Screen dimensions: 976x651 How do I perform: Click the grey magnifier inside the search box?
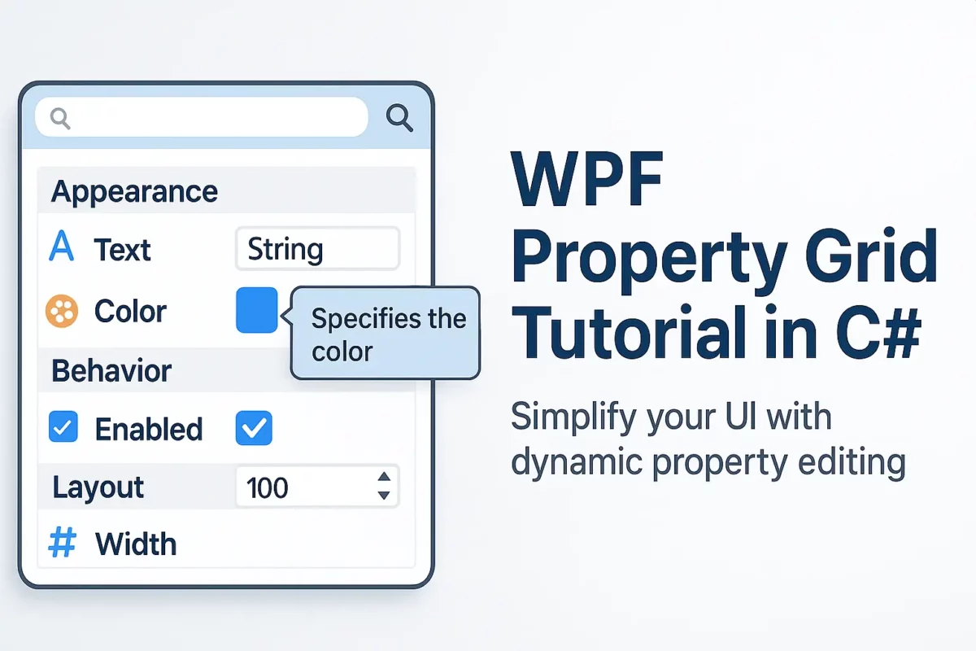click(60, 119)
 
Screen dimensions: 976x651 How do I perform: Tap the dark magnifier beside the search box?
click(399, 118)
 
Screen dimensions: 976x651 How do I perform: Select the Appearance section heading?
click(134, 192)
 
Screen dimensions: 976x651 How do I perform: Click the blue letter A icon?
click(62, 246)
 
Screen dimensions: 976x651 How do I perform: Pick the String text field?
click(317, 248)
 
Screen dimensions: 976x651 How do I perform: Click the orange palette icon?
click(62, 311)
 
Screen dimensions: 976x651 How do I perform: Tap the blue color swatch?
click(257, 310)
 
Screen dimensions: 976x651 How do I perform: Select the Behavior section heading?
click(111, 370)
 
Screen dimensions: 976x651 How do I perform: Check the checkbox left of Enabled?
click(63, 426)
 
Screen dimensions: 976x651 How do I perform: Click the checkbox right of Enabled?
click(254, 428)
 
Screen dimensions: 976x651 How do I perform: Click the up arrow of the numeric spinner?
click(384, 476)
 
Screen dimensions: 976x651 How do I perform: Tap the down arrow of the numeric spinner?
click(384, 496)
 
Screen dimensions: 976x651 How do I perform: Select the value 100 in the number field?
click(267, 487)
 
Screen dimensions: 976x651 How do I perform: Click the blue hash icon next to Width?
click(63, 543)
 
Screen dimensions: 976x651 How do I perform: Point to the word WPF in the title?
click(587, 178)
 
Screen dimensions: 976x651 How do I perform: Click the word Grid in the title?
click(871, 257)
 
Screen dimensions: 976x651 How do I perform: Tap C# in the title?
click(878, 333)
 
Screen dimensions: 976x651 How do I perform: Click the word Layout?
click(98, 487)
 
